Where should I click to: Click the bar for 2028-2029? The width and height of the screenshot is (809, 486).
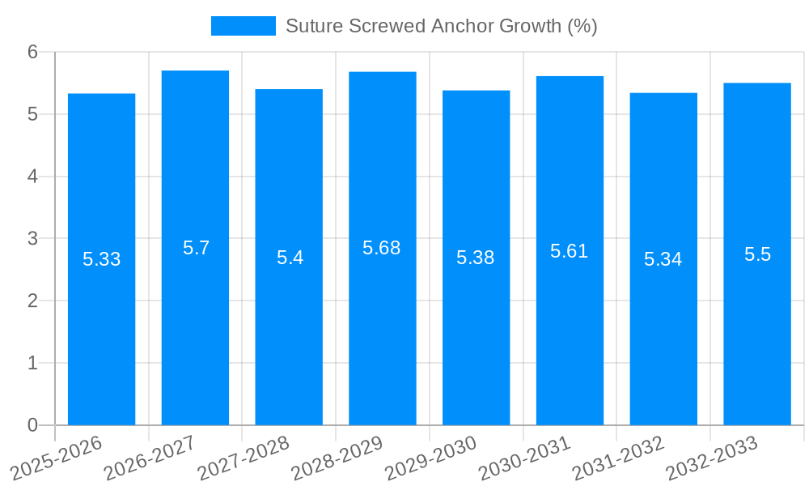pyautogui.click(x=382, y=324)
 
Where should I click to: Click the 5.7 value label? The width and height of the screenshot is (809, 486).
pyautogui.click(x=196, y=248)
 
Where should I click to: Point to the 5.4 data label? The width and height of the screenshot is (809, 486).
pyautogui.click(x=290, y=258)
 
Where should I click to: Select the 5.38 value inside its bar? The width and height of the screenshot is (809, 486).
pyautogui.click(x=475, y=258)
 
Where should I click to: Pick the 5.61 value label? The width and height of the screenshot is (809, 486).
pyautogui.click(x=569, y=251)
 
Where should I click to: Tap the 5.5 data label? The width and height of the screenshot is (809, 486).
pyautogui.click(x=757, y=254)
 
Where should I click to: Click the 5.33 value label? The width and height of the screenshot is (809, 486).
pyautogui.click(x=102, y=259)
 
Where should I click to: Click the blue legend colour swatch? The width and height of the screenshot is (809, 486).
pyautogui.click(x=243, y=26)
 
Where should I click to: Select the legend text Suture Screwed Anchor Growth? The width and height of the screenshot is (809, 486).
pyautogui.click(x=441, y=26)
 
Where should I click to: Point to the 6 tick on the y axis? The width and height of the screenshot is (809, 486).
pyautogui.click(x=33, y=52)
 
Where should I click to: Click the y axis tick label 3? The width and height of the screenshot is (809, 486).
pyautogui.click(x=33, y=239)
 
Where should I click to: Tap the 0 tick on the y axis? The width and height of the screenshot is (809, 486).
pyautogui.click(x=33, y=425)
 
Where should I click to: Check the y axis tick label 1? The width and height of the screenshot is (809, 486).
pyautogui.click(x=33, y=363)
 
